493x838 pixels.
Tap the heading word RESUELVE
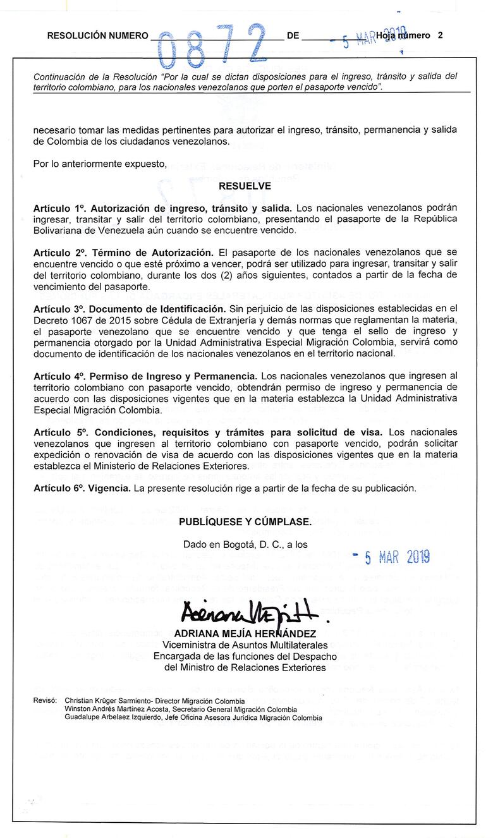245,186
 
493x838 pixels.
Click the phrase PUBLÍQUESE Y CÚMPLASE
245,521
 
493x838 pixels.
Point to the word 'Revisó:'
46,701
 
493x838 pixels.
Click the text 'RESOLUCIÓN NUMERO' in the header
97,36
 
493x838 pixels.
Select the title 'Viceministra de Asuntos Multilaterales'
245,645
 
